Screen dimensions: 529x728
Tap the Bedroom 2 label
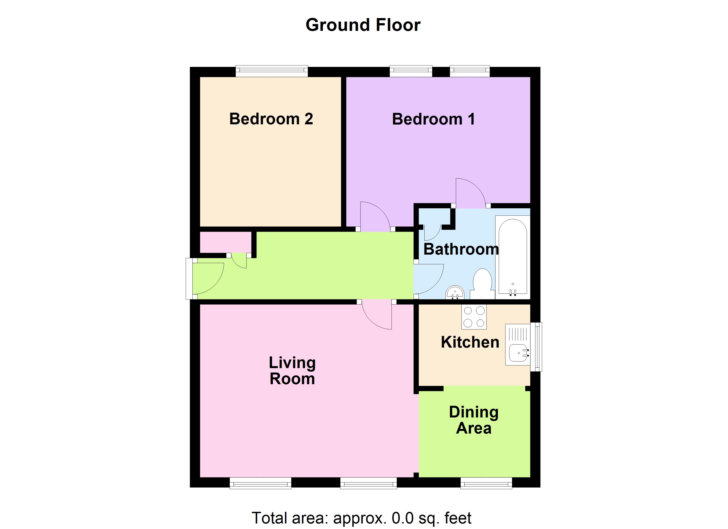pos(271,119)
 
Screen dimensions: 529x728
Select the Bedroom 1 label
pos(433,119)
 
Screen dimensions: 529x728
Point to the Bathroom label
pos(461,249)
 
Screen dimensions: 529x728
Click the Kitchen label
pos(470,342)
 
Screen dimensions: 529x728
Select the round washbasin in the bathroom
pos(455,292)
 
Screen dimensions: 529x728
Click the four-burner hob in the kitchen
pos(474,317)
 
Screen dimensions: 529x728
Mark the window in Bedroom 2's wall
pos(272,71)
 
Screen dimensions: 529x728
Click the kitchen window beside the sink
pos(536,347)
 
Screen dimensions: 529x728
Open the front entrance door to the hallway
pos(207,278)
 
